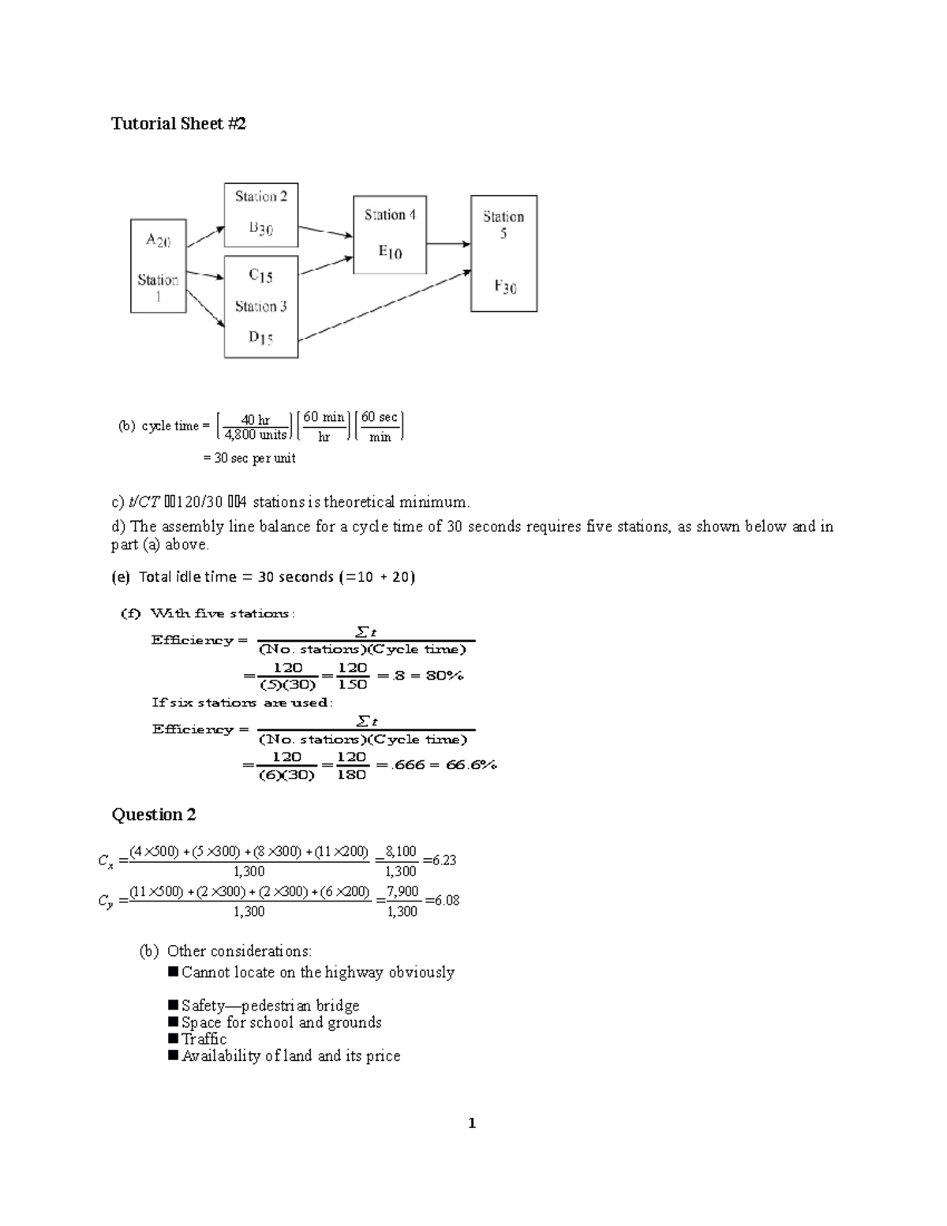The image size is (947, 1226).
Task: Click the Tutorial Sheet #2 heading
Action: [x=178, y=123]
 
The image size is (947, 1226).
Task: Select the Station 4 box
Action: [x=390, y=234]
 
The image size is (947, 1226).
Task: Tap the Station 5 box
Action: [x=503, y=253]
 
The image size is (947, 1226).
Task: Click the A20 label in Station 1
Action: [x=158, y=240]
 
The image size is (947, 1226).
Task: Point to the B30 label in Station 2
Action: [x=260, y=229]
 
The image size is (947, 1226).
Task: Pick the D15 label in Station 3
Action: [x=260, y=338]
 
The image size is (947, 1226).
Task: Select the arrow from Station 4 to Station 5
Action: [x=448, y=244]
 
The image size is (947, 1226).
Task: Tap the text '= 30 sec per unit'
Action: [x=249, y=458]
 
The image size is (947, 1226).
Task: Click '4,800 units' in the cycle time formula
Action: [x=255, y=435]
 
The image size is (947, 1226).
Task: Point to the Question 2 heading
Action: [x=153, y=815]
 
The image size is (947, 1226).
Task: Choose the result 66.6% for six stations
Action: [x=471, y=765]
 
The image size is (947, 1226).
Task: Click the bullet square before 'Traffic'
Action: [x=174, y=1039]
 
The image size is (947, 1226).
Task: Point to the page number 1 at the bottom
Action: [x=472, y=1123]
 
